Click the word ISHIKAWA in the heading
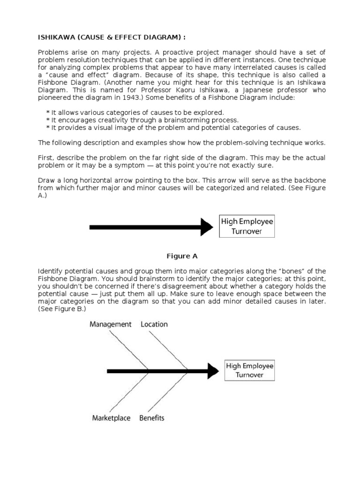[x=55, y=38]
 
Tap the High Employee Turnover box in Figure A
[x=247, y=226]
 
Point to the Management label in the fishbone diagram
[x=111, y=324]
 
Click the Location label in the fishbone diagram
[x=154, y=324]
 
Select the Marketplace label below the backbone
[x=111, y=418]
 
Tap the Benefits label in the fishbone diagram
[x=152, y=418]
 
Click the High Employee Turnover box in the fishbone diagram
[x=249, y=370]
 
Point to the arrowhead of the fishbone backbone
[x=213, y=371]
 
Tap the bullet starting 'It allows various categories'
[x=135, y=112]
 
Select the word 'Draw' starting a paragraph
[x=46, y=180]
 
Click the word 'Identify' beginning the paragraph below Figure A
[x=50, y=271]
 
